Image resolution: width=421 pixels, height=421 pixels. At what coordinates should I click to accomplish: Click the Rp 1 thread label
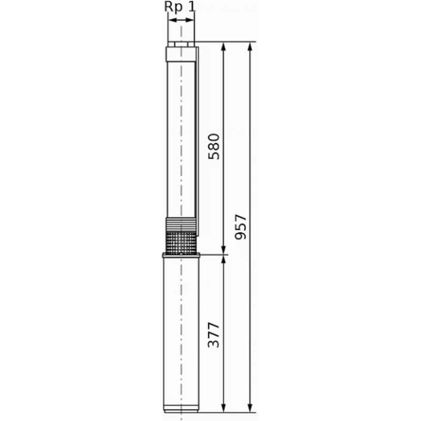(180, 7)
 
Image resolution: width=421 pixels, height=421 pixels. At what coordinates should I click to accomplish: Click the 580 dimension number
(214, 146)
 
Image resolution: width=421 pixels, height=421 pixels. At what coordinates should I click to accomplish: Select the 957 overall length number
(240, 227)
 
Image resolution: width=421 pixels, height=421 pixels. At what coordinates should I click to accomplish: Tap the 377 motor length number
(214, 335)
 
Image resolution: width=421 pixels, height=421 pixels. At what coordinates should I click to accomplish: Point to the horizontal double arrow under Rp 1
(181, 20)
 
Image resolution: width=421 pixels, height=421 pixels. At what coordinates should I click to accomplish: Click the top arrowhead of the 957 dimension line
(250, 47)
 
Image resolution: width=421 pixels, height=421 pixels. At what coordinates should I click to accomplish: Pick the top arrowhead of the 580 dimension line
(223, 47)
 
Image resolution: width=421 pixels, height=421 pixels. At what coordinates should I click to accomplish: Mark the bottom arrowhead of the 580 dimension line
(223, 250)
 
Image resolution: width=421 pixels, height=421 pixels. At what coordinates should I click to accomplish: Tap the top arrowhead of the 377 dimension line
(223, 259)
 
